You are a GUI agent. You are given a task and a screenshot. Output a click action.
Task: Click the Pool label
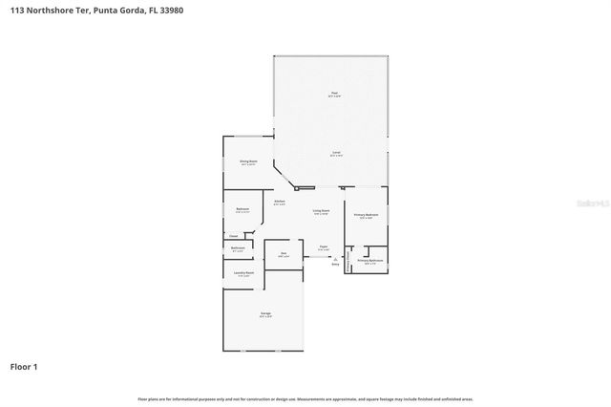click(333, 94)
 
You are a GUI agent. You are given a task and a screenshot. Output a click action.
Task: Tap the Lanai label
click(336, 153)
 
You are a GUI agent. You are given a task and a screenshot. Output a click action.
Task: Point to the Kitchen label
click(280, 202)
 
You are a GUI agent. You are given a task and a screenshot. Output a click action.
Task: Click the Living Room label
click(321, 211)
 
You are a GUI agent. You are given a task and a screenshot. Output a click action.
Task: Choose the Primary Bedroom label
click(368, 216)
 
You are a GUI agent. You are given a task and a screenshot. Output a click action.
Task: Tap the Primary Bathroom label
click(370, 261)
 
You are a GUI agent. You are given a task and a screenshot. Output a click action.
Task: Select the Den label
click(284, 254)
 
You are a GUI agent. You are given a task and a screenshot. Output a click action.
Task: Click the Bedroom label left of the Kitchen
click(242, 209)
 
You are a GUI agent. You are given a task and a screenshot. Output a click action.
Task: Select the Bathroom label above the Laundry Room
click(239, 248)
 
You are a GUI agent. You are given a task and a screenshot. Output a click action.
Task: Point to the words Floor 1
click(24, 366)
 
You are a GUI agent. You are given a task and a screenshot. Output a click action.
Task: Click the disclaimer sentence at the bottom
click(305, 398)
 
